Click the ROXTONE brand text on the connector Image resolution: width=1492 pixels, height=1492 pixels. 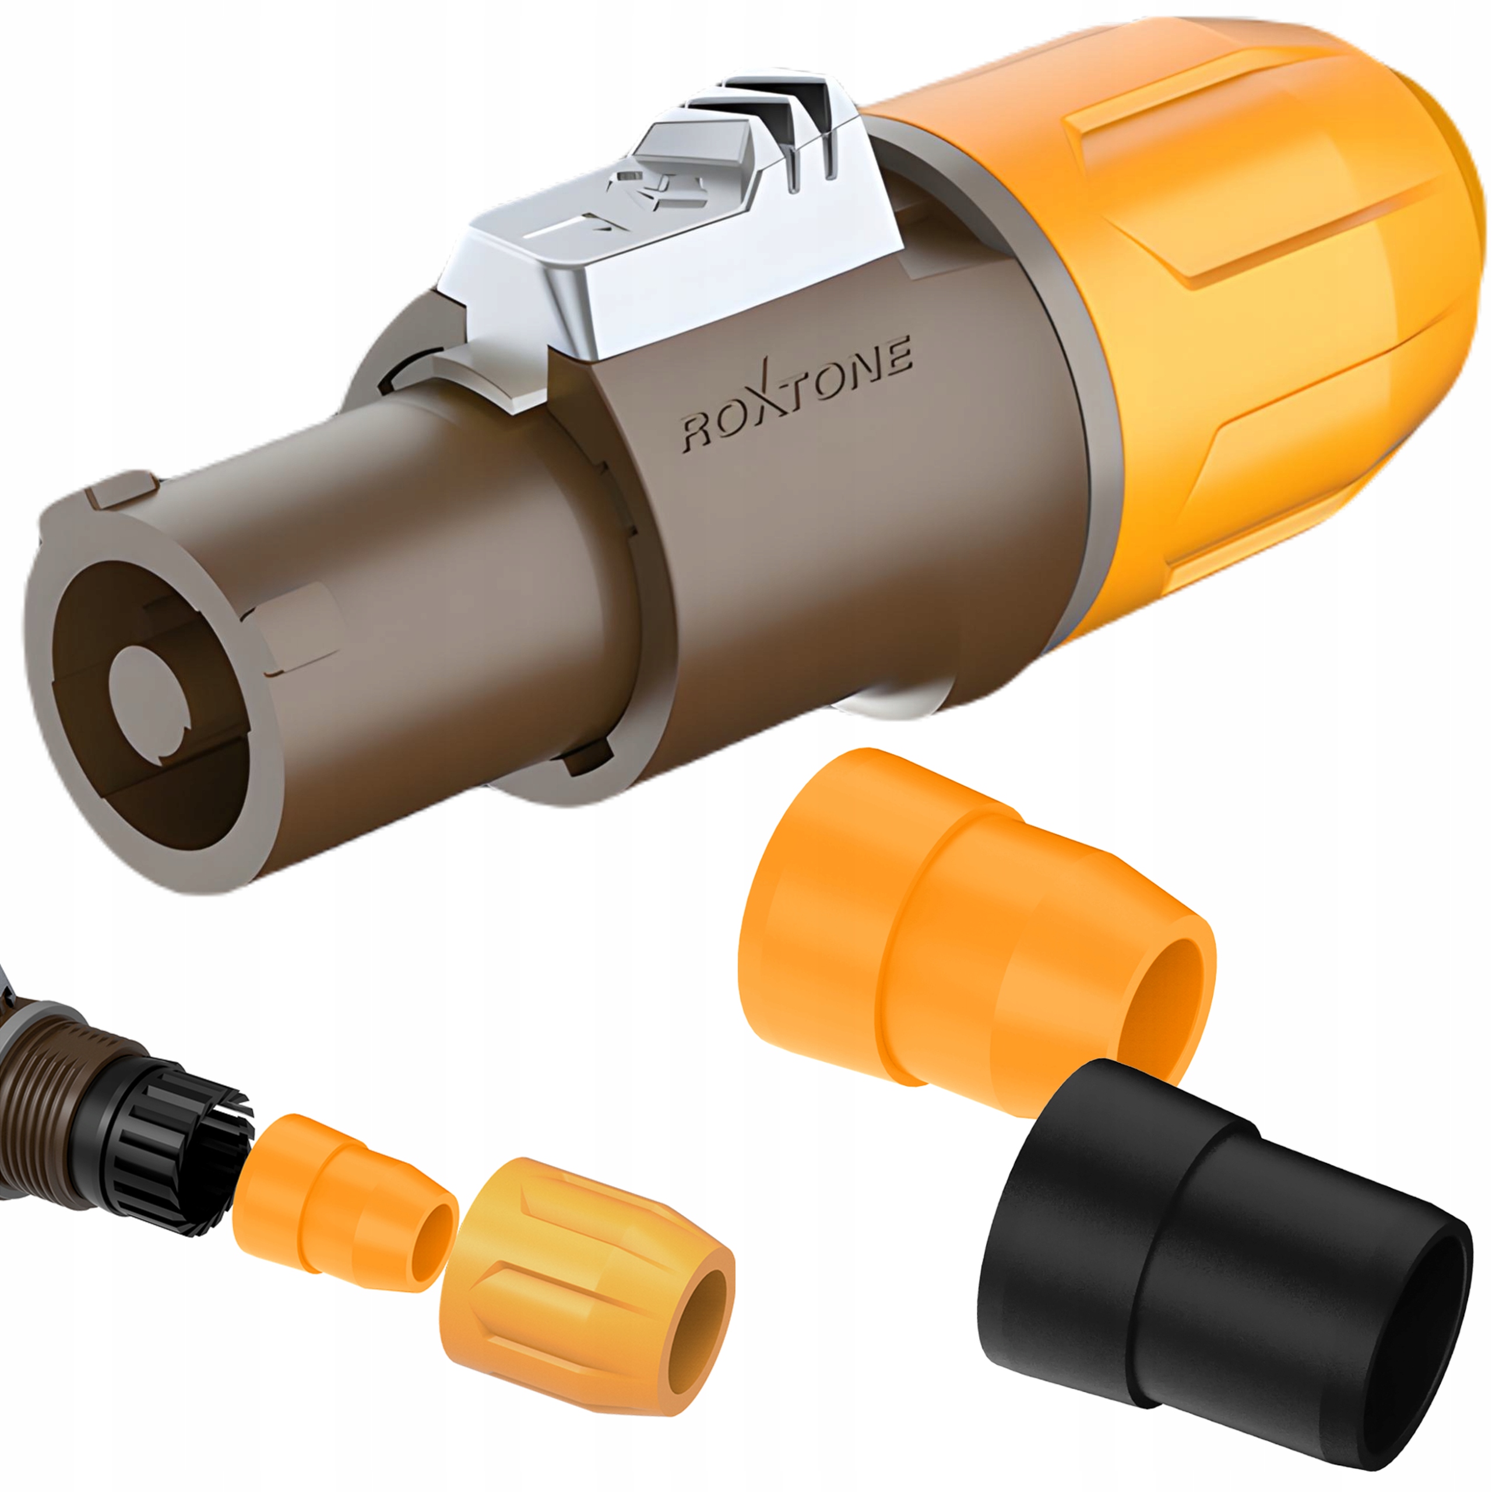pyautogui.click(x=796, y=402)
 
